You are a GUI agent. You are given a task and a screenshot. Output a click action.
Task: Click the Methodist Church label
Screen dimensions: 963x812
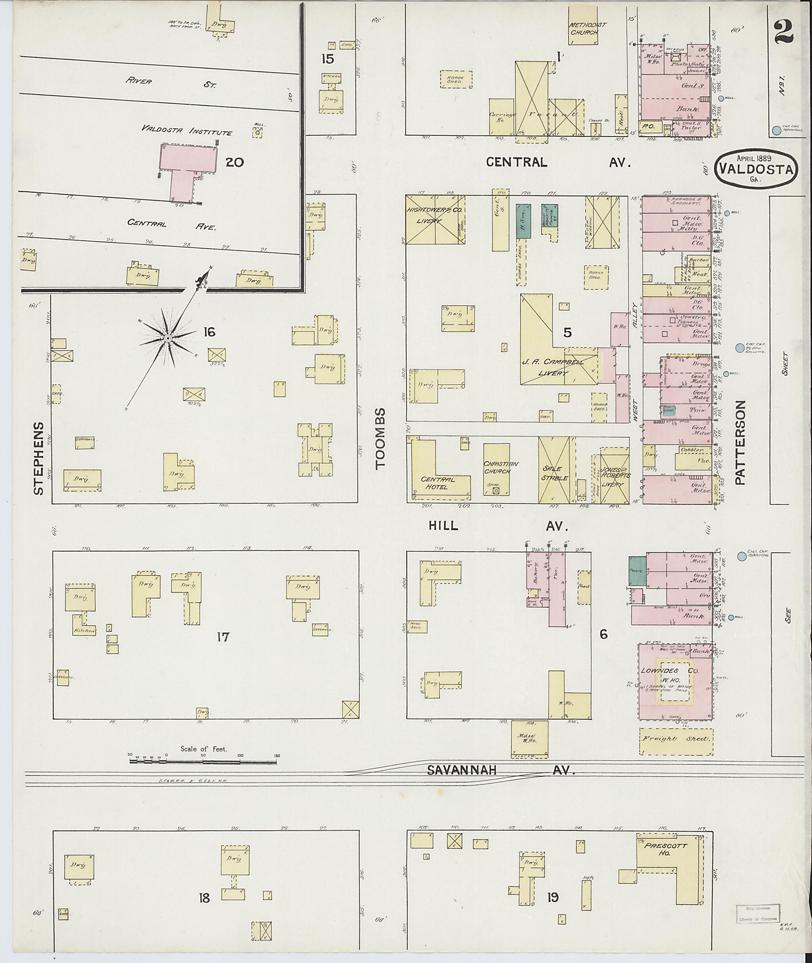point(584,29)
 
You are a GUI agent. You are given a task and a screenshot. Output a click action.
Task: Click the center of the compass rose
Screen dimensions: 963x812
point(168,338)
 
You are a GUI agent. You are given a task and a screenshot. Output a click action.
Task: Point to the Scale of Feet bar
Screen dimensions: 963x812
point(203,762)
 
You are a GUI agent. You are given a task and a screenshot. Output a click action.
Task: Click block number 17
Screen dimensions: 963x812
point(223,637)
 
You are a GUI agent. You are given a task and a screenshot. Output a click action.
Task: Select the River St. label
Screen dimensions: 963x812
point(179,83)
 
